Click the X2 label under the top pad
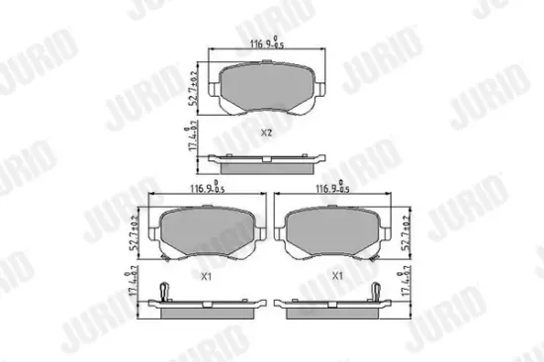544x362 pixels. [265, 133]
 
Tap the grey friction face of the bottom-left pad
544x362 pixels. [206, 233]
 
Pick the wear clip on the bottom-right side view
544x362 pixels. [379, 290]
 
